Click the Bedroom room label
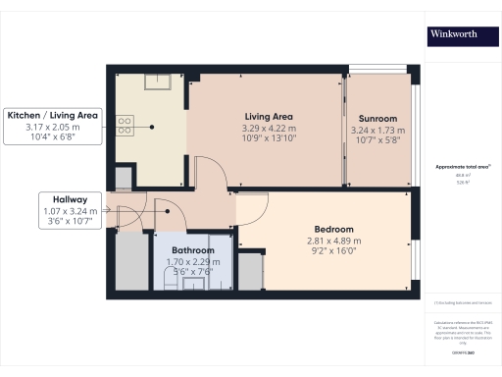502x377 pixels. pos(320,229)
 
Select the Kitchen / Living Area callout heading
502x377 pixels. pos(53,115)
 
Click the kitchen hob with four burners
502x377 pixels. pos(125,124)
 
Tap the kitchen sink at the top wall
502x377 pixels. pos(157,82)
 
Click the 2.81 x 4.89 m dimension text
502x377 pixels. pos(320,241)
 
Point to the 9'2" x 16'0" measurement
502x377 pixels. pos(320,252)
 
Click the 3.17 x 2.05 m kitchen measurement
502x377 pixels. pos(53,127)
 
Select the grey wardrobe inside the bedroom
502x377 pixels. pos(251,271)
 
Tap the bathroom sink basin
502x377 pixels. pos(193,284)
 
